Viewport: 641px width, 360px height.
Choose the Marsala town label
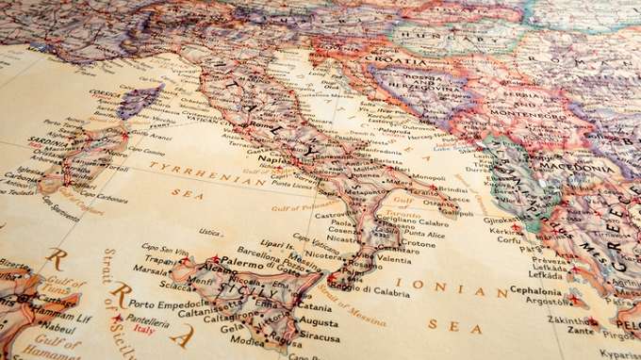[x=151, y=269]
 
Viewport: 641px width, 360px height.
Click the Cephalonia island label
[x=536, y=290]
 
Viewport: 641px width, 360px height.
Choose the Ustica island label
[x=210, y=232]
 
